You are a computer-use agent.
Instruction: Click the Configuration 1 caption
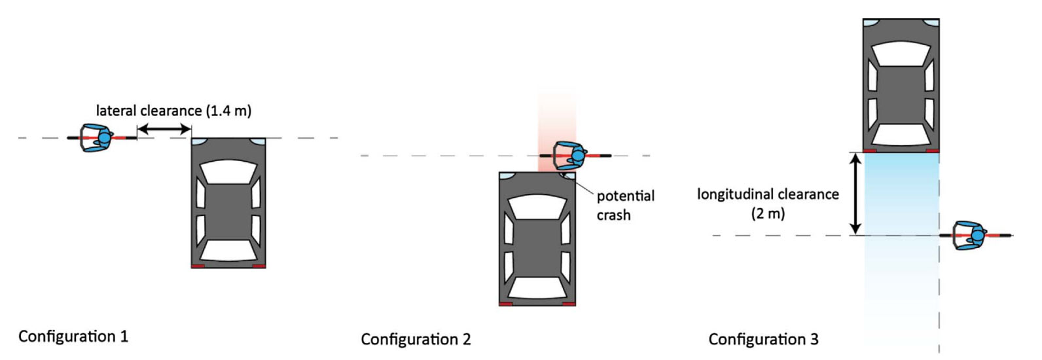click(x=73, y=336)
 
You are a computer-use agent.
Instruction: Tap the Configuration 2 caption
click(x=416, y=339)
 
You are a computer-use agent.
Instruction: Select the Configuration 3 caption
click(x=763, y=339)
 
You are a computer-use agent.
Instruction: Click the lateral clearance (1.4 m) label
click(x=173, y=111)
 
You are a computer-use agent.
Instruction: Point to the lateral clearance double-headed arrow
click(x=164, y=130)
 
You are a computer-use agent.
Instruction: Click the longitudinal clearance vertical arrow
click(x=855, y=194)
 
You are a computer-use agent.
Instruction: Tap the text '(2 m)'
click(x=768, y=213)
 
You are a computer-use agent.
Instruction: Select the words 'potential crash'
click(x=625, y=205)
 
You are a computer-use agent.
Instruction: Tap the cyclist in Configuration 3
click(x=971, y=235)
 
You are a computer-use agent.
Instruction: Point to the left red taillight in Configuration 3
click(x=870, y=151)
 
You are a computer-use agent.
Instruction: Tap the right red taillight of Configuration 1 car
click(x=259, y=266)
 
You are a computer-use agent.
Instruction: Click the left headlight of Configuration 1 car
click(x=198, y=141)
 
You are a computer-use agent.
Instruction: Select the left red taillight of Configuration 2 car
click(x=505, y=304)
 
